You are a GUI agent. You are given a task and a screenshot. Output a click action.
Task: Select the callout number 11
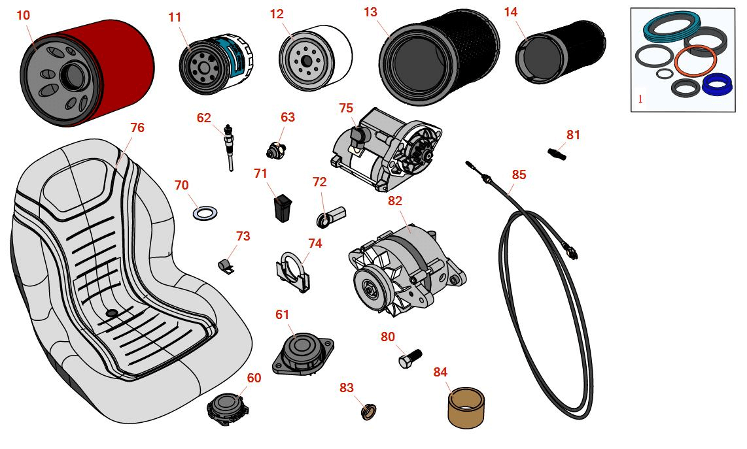coord(175,18)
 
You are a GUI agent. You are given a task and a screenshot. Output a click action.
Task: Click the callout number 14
coord(511,12)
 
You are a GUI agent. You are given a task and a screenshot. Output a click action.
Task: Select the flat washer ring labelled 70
coord(205,213)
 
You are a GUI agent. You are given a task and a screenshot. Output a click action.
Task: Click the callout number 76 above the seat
coord(137,127)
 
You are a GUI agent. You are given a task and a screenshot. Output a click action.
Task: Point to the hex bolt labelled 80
coord(409,358)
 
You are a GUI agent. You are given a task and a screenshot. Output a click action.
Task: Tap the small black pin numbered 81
coord(556,153)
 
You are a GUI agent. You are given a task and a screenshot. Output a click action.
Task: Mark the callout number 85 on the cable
coord(519,175)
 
